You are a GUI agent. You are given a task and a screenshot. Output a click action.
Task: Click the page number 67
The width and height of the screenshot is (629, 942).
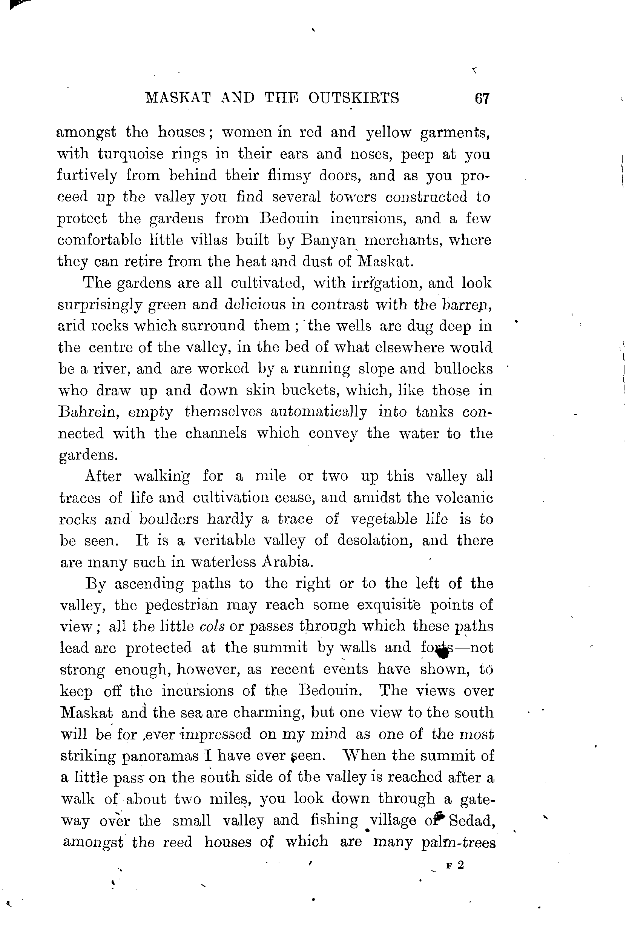pyautogui.click(x=482, y=99)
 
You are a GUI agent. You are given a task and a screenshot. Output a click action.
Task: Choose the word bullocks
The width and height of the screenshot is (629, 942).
pyautogui.click(x=463, y=369)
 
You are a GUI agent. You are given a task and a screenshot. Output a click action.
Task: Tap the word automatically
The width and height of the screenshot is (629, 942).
pyautogui.click(x=319, y=412)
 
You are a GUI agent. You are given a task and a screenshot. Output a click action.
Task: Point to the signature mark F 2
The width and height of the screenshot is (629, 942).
pyautogui.click(x=454, y=866)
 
